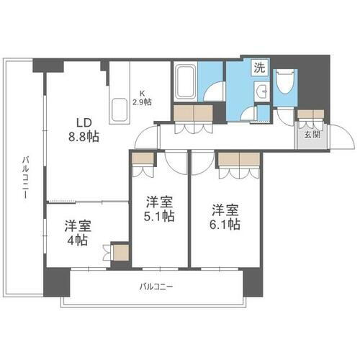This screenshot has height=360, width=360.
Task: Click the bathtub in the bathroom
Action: pos(186,81)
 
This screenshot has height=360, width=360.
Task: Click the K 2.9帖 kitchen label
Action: pos(142,96)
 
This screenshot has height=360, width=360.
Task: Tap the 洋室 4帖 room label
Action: pos(75,232)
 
